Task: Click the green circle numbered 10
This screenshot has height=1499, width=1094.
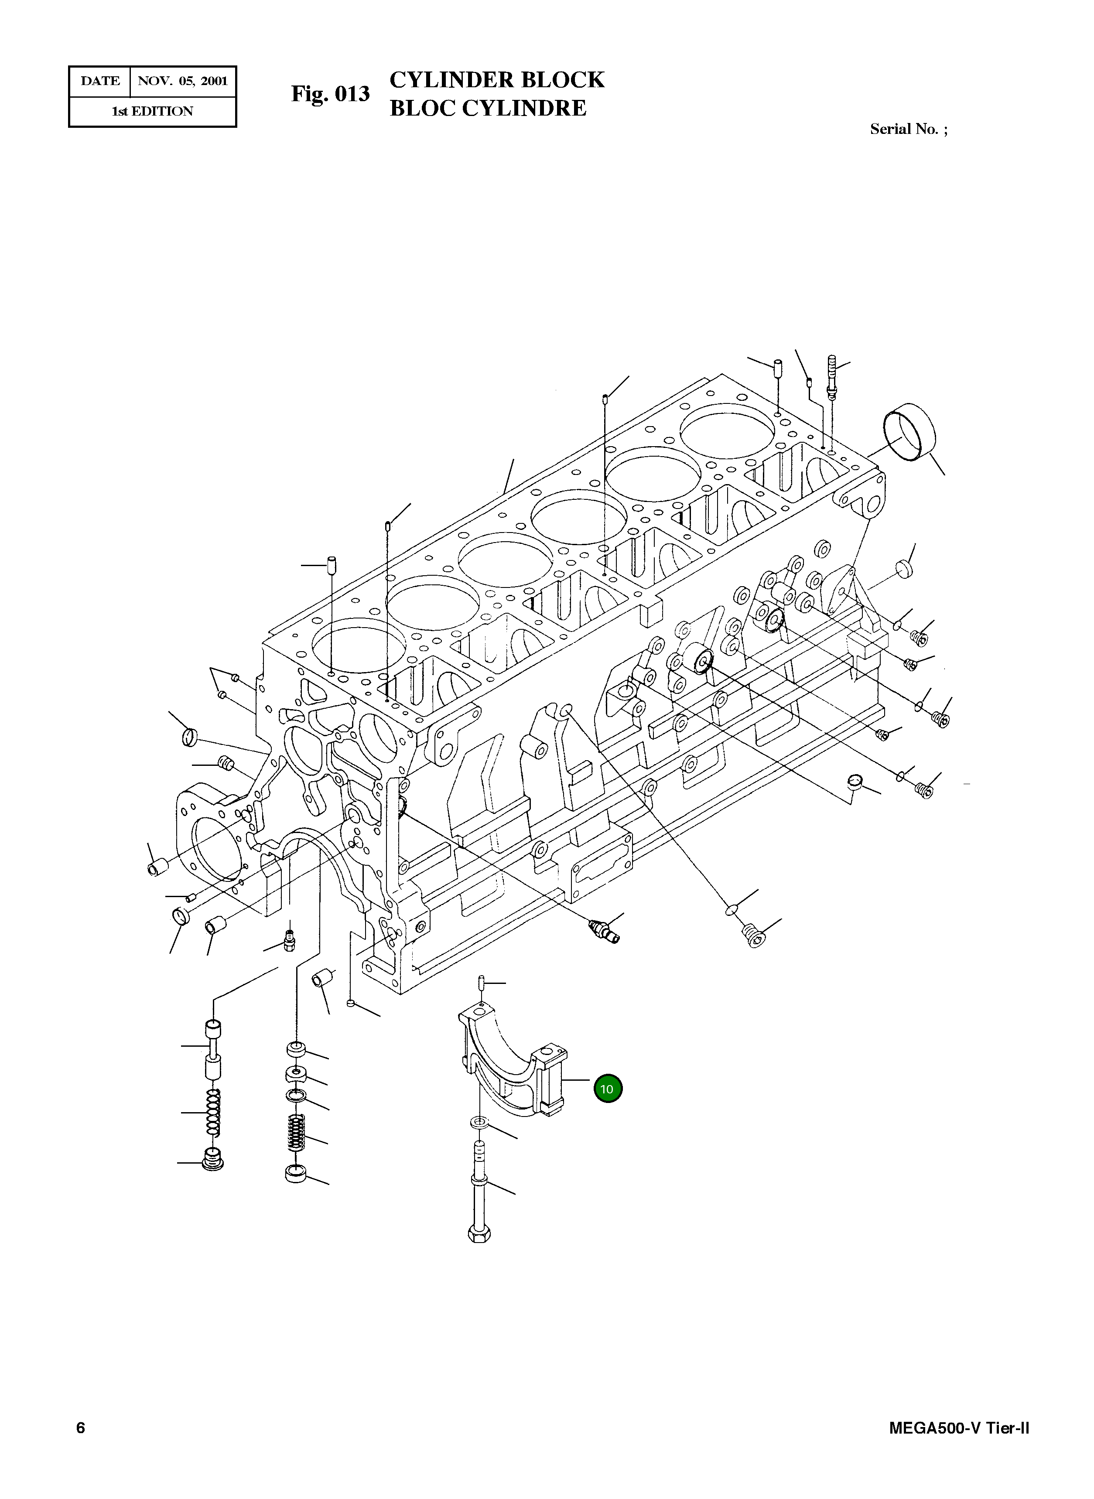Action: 607,1089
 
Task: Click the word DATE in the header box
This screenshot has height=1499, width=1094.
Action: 100,82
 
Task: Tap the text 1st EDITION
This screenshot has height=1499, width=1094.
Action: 152,111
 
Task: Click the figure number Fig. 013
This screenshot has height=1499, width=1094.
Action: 331,94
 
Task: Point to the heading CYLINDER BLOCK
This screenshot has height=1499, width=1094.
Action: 497,80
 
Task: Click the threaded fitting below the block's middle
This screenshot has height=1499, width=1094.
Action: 603,930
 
